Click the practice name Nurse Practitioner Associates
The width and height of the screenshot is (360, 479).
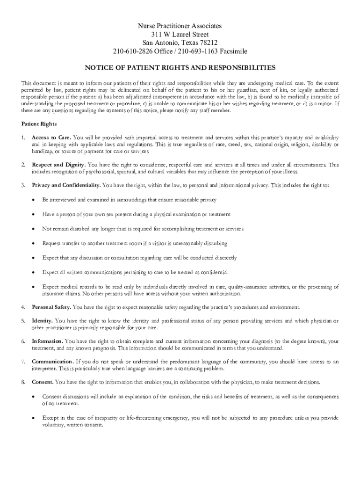180,26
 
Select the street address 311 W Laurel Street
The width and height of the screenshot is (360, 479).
180,34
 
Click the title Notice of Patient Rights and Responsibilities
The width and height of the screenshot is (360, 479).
180,67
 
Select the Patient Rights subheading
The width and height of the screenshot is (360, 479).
39,124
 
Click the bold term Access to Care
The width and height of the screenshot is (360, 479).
51,138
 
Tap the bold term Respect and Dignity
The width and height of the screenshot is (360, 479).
58,165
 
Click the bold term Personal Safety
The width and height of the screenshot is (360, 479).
51,307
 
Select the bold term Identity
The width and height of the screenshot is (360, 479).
42,321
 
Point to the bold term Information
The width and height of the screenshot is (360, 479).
48,341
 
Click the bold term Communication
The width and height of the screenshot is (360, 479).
53,362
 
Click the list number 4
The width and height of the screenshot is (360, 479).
23,307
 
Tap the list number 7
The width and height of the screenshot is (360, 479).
23,362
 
